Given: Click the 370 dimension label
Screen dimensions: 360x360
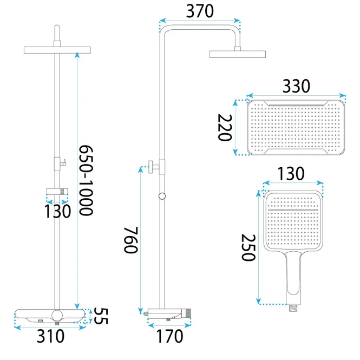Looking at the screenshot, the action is (200, 11).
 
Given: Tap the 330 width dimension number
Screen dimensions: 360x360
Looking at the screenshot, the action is (296, 86).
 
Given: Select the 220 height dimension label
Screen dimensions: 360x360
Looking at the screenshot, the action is (225, 127).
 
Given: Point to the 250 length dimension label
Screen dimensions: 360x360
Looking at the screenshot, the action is (248, 247).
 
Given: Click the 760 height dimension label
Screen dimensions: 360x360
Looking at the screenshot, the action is (131, 240).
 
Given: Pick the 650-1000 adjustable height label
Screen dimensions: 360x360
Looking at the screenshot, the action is (86, 180).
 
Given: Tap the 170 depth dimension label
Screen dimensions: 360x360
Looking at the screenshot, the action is (169, 336).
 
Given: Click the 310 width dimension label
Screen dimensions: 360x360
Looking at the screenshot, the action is (50, 336).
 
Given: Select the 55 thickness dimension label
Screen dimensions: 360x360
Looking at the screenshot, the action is (101, 316).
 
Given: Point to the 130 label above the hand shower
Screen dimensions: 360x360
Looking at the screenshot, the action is (291, 174).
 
